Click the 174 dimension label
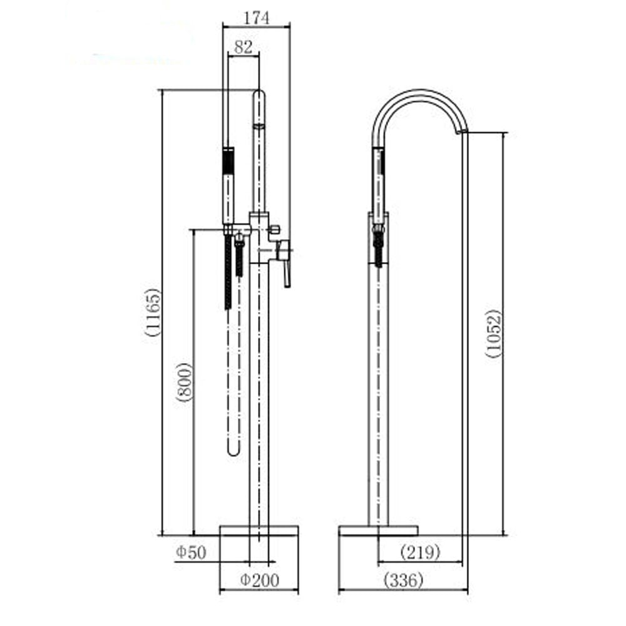[x=256, y=18]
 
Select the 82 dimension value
[x=243, y=46]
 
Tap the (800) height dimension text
[x=185, y=382]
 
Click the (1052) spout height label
[x=494, y=333]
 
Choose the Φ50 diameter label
[x=190, y=552]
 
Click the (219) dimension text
[x=420, y=552]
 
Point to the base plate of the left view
[x=259, y=531]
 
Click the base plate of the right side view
[x=378, y=531]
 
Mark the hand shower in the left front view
[x=229, y=185]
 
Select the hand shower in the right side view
[x=379, y=182]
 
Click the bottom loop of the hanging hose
[x=233, y=449]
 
